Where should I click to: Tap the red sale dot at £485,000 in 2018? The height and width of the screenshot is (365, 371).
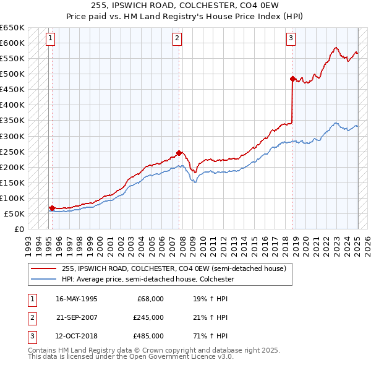coord(292,79)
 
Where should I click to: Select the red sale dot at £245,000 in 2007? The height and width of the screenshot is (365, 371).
coord(179,153)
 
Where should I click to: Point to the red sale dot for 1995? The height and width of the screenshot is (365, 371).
coord(52,208)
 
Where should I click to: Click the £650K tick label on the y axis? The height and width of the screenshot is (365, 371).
coord(12,28)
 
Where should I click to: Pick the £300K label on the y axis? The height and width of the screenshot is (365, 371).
coord(12,136)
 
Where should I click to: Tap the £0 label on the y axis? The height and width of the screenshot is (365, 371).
coord(19,229)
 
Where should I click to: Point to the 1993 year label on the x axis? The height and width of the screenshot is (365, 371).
coord(28,241)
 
